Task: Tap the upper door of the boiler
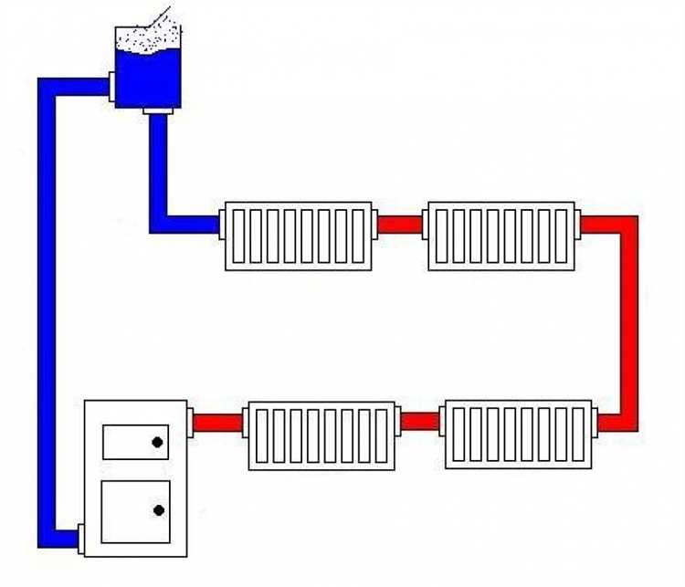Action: point(135,442)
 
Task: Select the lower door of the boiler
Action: point(135,510)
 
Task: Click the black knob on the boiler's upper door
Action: point(158,443)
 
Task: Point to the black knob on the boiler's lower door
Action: point(159,510)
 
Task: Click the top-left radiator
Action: point(299,236)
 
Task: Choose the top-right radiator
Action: point(501,236)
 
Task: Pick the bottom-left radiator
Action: point(321,435)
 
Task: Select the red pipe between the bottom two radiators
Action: point(420,422)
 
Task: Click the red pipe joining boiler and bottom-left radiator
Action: point(217,423)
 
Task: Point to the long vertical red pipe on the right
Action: point(627,320)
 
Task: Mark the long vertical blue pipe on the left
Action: point(47,310)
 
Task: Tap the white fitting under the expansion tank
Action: point(158,110)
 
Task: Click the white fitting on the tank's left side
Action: point(110,86)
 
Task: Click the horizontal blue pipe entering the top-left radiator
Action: point(187,224)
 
